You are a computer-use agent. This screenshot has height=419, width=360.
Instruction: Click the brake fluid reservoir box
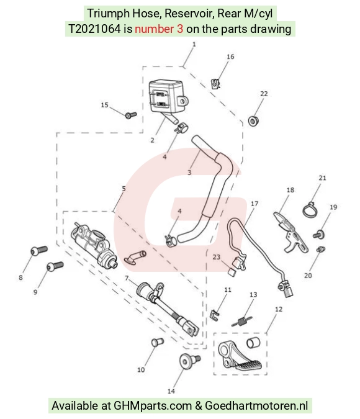tap(167, 97)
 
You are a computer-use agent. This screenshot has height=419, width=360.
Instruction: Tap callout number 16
tap(230, 56)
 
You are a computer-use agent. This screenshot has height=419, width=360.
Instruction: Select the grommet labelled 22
tap(253, 121)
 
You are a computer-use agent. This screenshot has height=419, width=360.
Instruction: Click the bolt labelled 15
tap(131, 115)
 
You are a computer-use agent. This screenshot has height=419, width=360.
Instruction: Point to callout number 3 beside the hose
tap(189, 173)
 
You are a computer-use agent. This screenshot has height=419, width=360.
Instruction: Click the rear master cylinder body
tap(94, 245)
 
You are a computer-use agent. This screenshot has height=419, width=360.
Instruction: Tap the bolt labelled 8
tap(38, 250)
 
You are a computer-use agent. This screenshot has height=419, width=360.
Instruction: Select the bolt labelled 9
tap(55, 266)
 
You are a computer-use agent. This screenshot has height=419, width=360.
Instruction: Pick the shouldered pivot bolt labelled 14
tap(189, 361)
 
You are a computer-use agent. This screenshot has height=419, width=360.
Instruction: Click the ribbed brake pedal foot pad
tap(248, 365)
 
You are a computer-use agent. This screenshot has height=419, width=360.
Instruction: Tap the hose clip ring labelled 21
tap(310, 210)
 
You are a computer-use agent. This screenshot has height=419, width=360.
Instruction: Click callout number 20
tap(308, 275)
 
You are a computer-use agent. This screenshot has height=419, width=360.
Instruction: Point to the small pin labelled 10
tap(158, 342)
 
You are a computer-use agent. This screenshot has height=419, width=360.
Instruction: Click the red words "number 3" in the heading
tap(159, 29)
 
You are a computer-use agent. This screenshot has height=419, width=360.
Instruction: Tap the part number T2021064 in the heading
tap(94, 29)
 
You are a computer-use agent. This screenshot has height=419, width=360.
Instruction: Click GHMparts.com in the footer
tap(153, 405)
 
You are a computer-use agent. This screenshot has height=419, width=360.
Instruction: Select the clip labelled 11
tap(215, 315)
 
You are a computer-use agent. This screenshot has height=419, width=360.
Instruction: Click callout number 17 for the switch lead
tap(254, 204)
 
